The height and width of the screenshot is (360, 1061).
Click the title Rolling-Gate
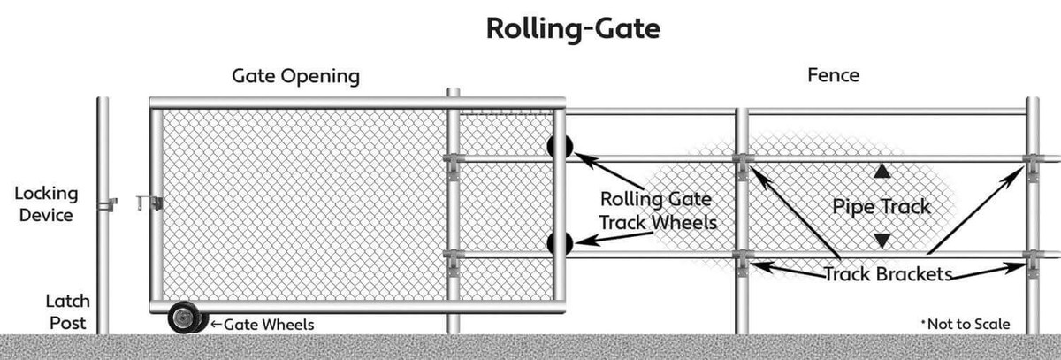pos(572,28)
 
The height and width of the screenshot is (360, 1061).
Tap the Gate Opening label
pos(295,77)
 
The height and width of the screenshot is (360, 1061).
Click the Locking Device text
pos(46,203)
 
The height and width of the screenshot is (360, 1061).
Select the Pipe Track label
pos(882,207)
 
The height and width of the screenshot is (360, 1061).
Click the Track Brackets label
pos(888,274)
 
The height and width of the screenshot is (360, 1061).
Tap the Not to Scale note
pos(966,324)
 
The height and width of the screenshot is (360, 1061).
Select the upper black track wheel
pos(559,148)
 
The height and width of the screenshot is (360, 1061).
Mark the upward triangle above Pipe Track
pos(882,172)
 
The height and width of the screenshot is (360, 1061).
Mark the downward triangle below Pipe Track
pos(882,240)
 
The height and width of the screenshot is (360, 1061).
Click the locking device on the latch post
pos(107,205)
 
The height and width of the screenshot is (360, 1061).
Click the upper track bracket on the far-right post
pos(1034,162)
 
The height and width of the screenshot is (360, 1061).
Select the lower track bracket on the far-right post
pos(1034,259)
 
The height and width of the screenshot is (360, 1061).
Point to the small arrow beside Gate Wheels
pos(215,325)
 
